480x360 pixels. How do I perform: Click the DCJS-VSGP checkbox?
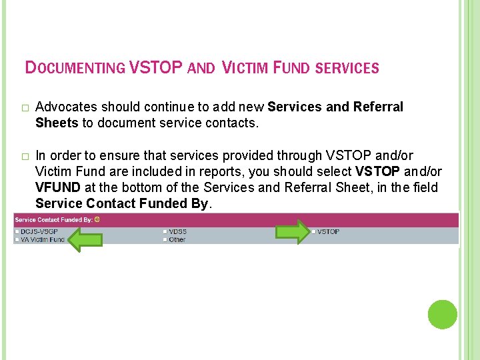pyautogui.click(x=17, y=231)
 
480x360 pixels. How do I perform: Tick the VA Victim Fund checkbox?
pyautogui.click(x=17, y=239)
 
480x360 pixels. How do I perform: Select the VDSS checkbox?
pyautogui.click(x=165, y=231)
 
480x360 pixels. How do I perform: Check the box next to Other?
pyautogui.click(x=165, y=239)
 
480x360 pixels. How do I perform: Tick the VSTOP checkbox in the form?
pyautogui.click(x=313, y=231)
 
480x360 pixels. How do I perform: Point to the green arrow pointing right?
pyautogui.click(x=293, y=231)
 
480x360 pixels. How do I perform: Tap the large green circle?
pyautogui.click(x=442, y=315)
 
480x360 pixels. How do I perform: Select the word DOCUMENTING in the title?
pyautogui.click(x=75, y=68)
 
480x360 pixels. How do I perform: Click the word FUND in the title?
pyautogui.click(x=287, y=68)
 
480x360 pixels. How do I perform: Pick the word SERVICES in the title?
pyautogui.click(x=346, y=68)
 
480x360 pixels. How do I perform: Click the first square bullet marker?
pyautogui.click(x=25, y=108)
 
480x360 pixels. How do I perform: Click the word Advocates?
pyautogui.click(x=64, y=107)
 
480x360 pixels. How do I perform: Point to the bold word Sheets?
pyautogui.click(x=57, y=122)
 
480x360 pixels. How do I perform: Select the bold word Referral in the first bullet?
pyautogui.click(x=378, y=107)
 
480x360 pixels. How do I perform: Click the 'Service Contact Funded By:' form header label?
pyautogui.click(x=53, y=219)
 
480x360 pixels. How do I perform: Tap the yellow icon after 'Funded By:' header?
pyautogui.click(x=97, y=219)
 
